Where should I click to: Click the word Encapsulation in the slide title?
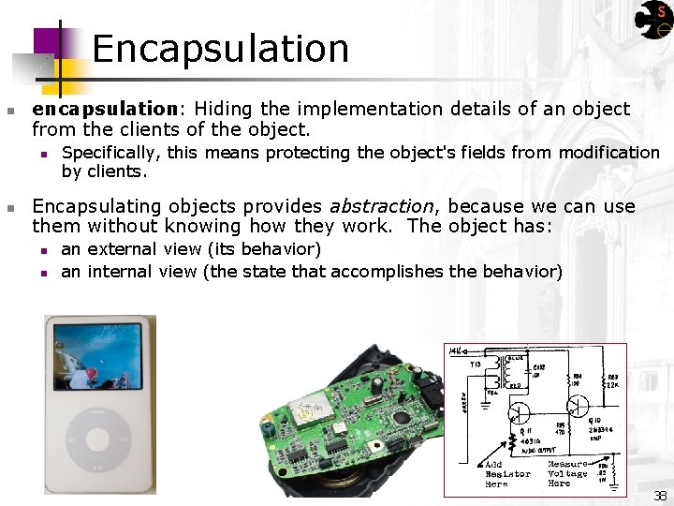coord(220,49)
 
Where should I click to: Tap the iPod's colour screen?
coord(99,356)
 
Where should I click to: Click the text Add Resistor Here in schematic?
coord(508,474)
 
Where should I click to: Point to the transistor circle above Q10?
coord(578,403)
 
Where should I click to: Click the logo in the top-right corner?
coord(653,19)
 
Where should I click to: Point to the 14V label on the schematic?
coord(456,350)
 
